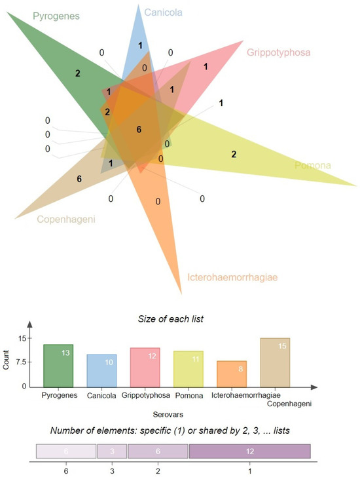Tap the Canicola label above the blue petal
pyautogui.click(x=164, y=12)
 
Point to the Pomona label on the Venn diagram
pyautogui.click(x=315, y=167)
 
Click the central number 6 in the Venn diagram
pyautogui.click(x=139, y=130)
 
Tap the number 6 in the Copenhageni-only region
pyautogui.click(x=79, y=178)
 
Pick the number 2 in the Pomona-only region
pyautogui.click(x=233, y=154)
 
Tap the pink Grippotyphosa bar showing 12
pyautogui.click(x=145, y=367)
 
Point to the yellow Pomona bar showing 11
pyautogui.click(x=189, y=369)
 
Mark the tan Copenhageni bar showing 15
pyautogui.click(x=275, y=362)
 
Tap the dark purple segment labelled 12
pyautogui.click(x=249, y=452)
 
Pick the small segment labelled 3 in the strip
pyautogui.click(x=112, y=452)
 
